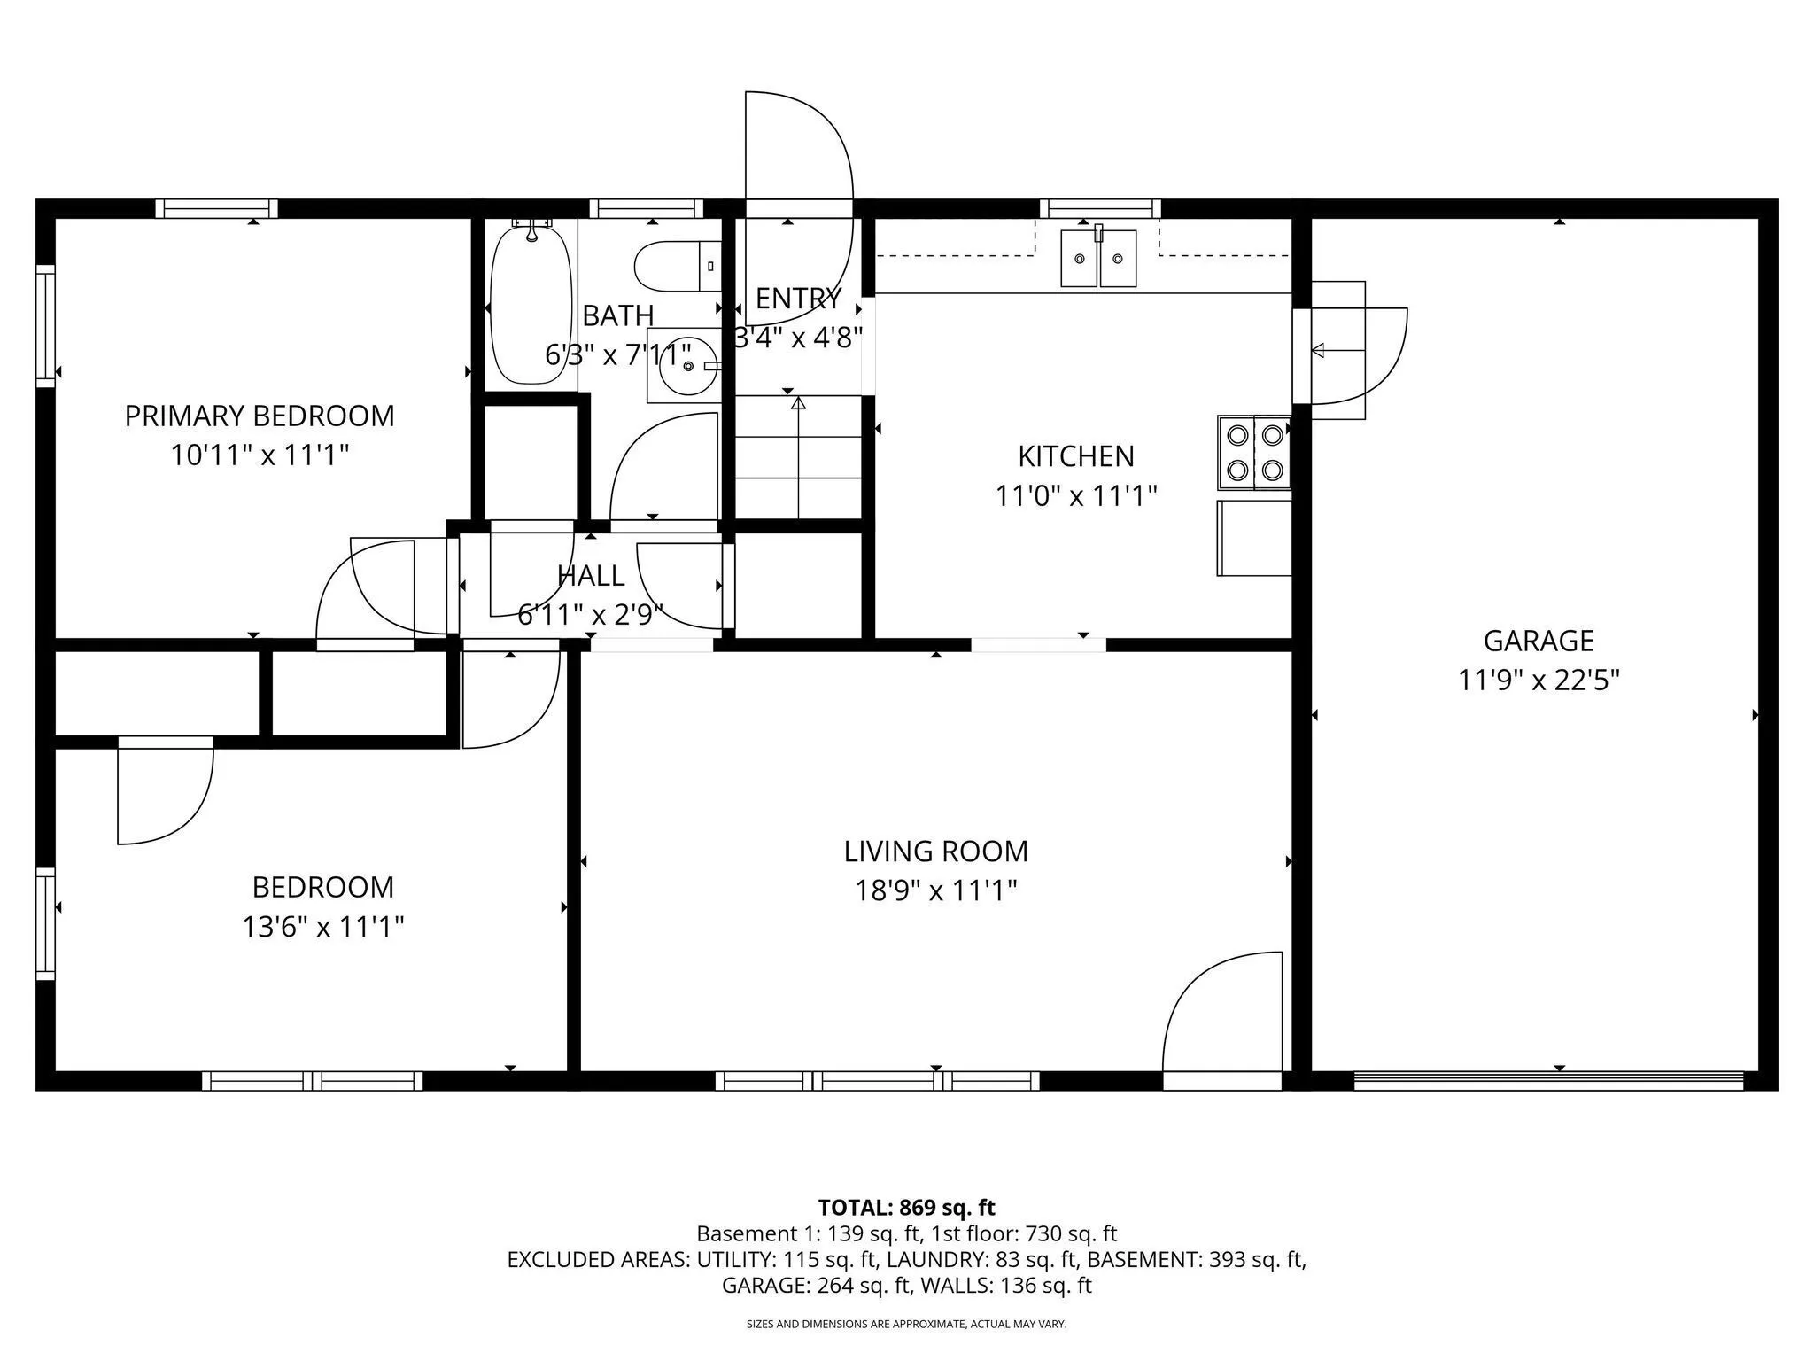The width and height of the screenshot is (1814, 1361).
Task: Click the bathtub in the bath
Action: coord(531,303)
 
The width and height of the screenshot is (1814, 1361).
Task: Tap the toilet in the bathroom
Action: coord(678,266)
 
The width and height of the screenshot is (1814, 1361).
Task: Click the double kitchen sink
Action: coord(1099,258)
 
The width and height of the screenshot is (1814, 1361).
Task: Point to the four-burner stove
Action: coord(1254,452)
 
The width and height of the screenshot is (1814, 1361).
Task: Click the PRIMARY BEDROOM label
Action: coord(260,416)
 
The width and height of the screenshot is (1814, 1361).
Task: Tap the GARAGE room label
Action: coord(1539,640)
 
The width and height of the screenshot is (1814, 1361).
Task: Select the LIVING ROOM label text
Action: coord(936,851)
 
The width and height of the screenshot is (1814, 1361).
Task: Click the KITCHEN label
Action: coord(1076,455)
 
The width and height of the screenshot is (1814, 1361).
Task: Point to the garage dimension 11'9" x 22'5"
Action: coord(1539,680)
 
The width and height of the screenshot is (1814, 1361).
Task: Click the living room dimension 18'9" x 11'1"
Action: coord(936,890)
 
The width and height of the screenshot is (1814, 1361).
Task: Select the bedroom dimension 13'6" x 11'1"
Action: coord(323,927)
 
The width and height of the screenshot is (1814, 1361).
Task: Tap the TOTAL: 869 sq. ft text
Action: coord(907,1208)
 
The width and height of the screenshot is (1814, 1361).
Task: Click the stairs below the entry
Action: coord(799,457)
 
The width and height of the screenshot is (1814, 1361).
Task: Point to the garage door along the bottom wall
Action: coord(1549,1080)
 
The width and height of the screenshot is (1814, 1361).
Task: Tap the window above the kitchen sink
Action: coord(1100,208)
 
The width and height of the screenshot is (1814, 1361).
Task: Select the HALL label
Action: coord(591,575)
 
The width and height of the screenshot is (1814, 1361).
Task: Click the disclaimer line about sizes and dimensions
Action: coord(907,1325)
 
